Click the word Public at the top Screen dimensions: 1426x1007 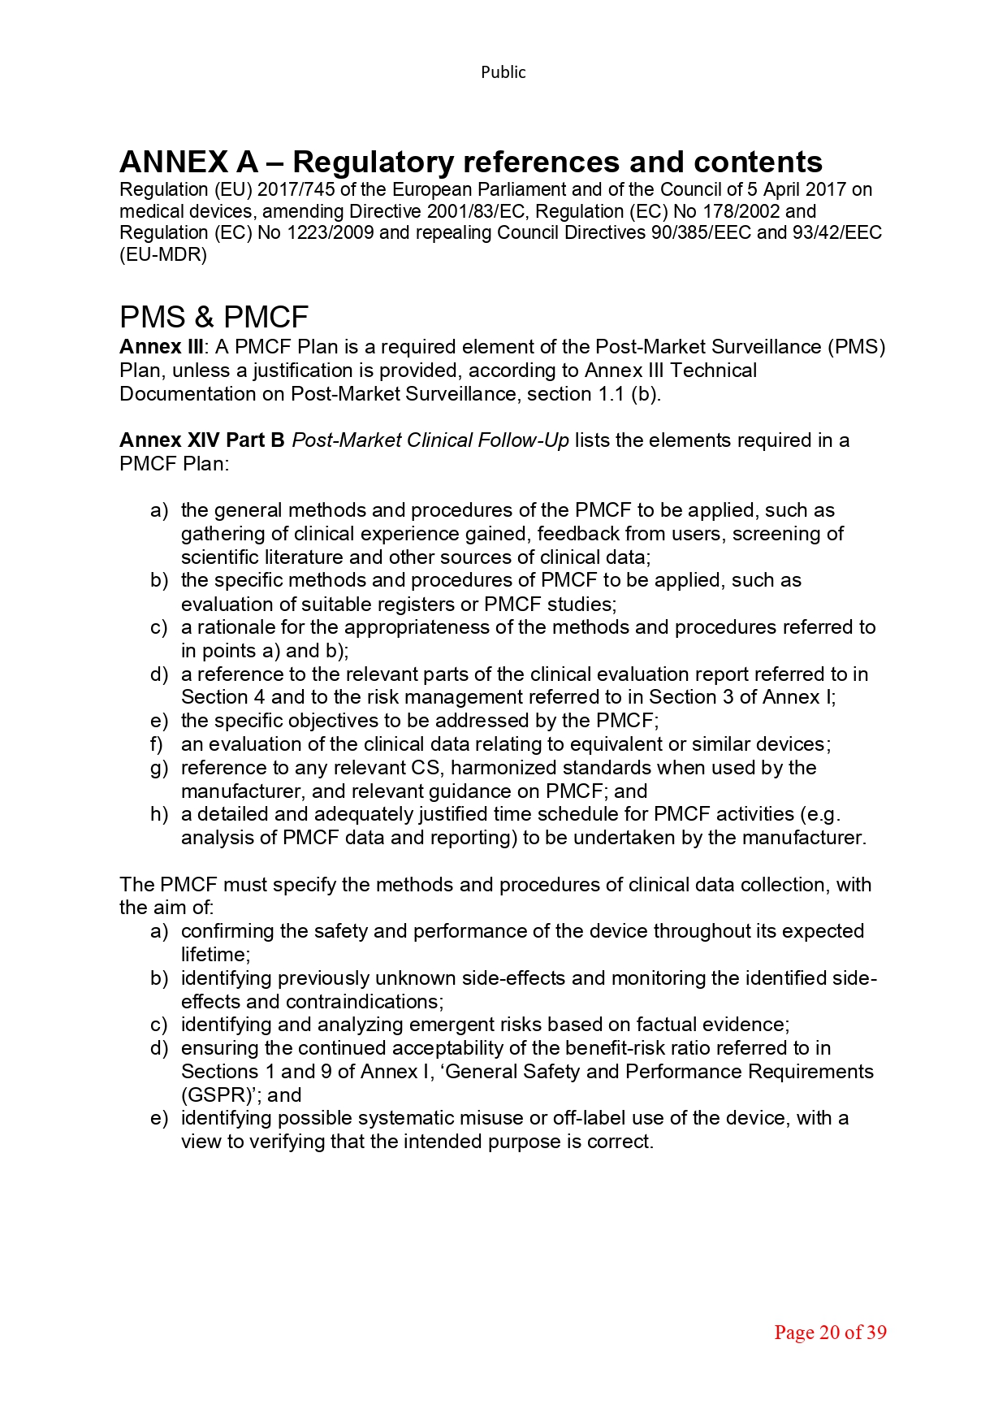[x=503, y=72]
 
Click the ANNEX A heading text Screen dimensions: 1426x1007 [x=470, y=162]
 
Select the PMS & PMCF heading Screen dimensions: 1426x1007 [x=214, y=317]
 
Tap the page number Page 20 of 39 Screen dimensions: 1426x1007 [x=829, y=1333]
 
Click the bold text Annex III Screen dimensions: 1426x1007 [x=161, y=347]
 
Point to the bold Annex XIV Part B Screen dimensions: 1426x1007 [x=201, y=440]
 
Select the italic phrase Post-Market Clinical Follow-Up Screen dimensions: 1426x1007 [x=430, y=440]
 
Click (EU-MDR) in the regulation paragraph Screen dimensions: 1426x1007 [x=163, y=254]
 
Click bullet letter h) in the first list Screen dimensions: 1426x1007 [x=158, y=814]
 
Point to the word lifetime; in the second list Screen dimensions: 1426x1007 [x=215, y=955]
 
